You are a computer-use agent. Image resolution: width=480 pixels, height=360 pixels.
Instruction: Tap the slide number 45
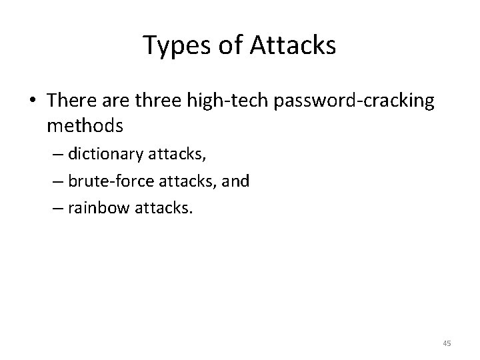[447, 343]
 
